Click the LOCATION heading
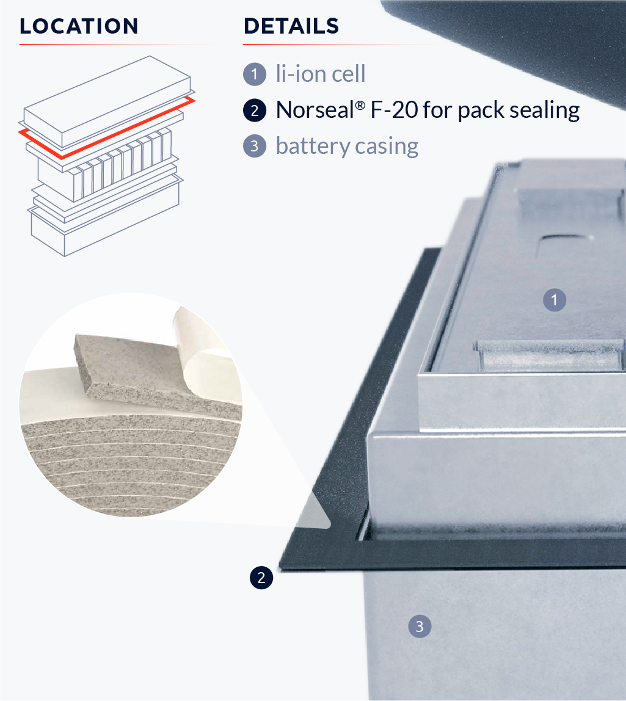coord(79,26)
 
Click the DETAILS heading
coord(291,26)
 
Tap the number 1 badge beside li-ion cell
coord(254,75)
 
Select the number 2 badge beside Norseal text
coord(254,111)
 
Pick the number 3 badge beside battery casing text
coord(254,147)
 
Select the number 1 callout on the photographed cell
coord(555,300)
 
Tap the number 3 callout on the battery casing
coord(419,626)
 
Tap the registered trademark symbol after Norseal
coord(360,104)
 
